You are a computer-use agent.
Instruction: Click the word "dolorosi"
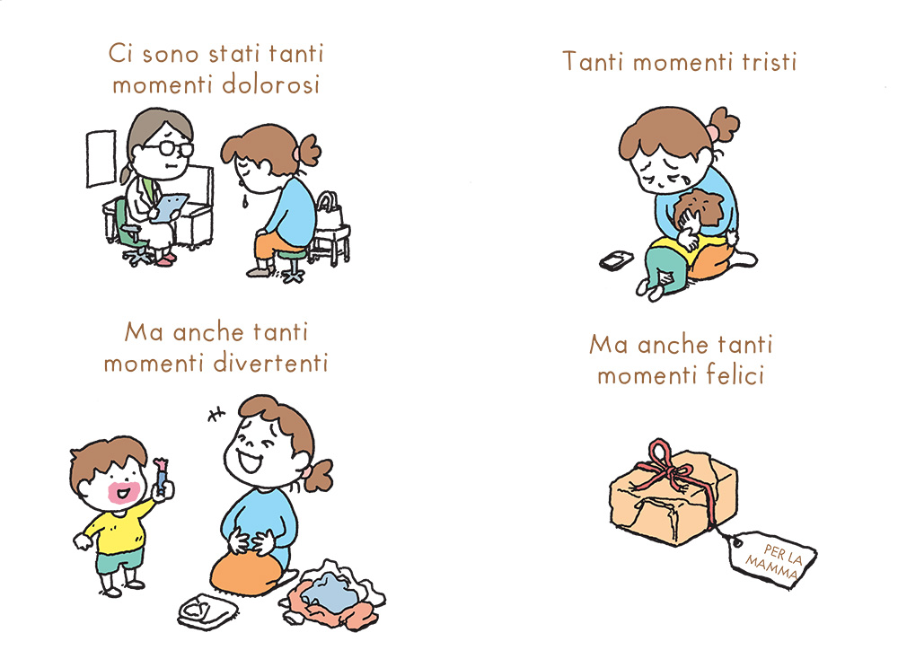271,84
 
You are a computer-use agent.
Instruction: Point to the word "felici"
735,375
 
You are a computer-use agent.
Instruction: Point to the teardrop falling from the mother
245,201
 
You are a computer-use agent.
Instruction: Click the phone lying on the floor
616,260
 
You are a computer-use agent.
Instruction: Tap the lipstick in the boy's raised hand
162,476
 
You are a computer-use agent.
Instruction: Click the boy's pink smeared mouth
124,492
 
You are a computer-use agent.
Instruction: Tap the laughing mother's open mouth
250,460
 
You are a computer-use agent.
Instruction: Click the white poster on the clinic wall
101,158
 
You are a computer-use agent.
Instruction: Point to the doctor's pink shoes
166,259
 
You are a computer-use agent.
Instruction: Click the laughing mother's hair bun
319,475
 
